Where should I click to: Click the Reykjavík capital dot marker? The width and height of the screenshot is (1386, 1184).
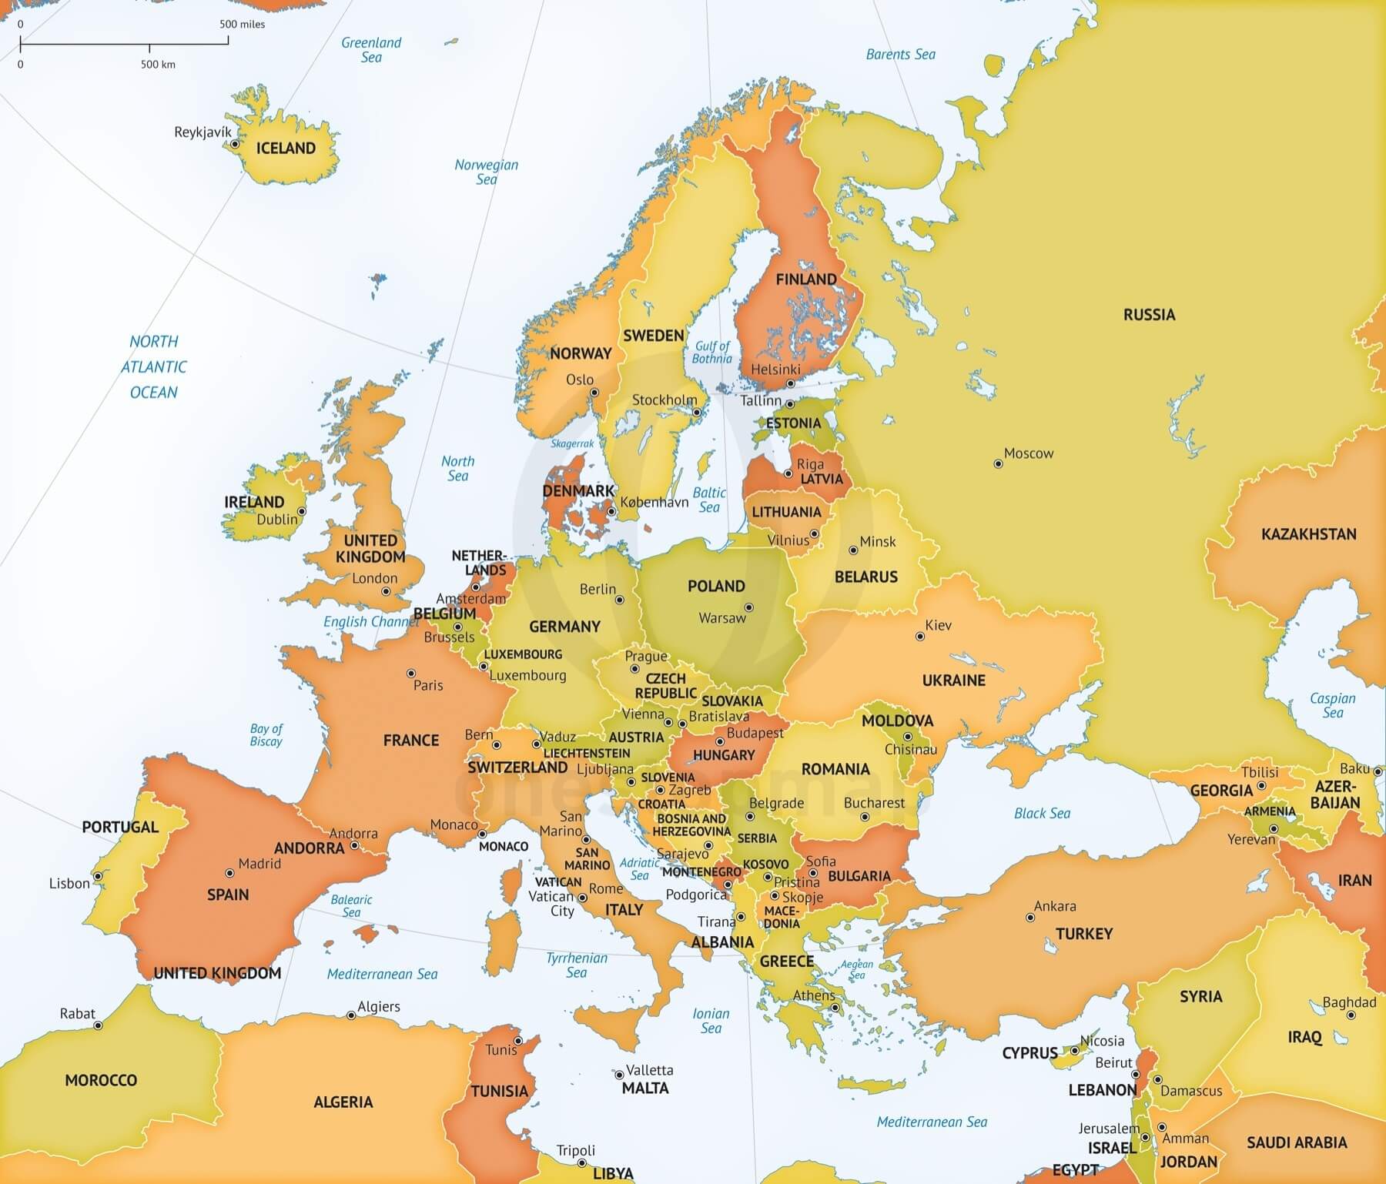(235, 144)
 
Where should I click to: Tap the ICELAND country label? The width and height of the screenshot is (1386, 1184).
(286, 148)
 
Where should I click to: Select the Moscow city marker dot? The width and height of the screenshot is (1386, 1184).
(998, 464)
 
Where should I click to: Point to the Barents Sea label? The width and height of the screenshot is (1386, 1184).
(900, 55)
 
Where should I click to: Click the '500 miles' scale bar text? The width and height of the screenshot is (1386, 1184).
(242, 25)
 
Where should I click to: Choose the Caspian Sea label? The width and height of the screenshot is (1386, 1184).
(1332, 705)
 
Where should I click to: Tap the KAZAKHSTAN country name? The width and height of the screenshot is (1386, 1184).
(1308, 534)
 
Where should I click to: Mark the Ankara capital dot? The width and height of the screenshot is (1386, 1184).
(1030, 918)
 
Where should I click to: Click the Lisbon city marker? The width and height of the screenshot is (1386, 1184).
(98, 876)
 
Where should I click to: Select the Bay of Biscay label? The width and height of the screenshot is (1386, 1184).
(266, 735)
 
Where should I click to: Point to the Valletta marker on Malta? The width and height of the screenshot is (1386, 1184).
(618, 1075)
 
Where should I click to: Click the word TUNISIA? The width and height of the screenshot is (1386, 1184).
(499, 1091)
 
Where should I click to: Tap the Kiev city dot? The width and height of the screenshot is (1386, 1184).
(919, 637)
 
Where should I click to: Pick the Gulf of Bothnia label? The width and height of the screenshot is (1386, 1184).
(711, 353)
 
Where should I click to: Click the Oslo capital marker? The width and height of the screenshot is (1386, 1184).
(594, 393)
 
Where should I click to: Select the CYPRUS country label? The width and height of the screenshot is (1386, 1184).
(1029, 1053)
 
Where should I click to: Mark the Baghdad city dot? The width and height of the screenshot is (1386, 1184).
(1351, 1015)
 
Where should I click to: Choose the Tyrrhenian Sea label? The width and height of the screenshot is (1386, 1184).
(577, 965)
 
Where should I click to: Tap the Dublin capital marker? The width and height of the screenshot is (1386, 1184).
(302, 511)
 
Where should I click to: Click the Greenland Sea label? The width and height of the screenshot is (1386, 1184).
(371, 50)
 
